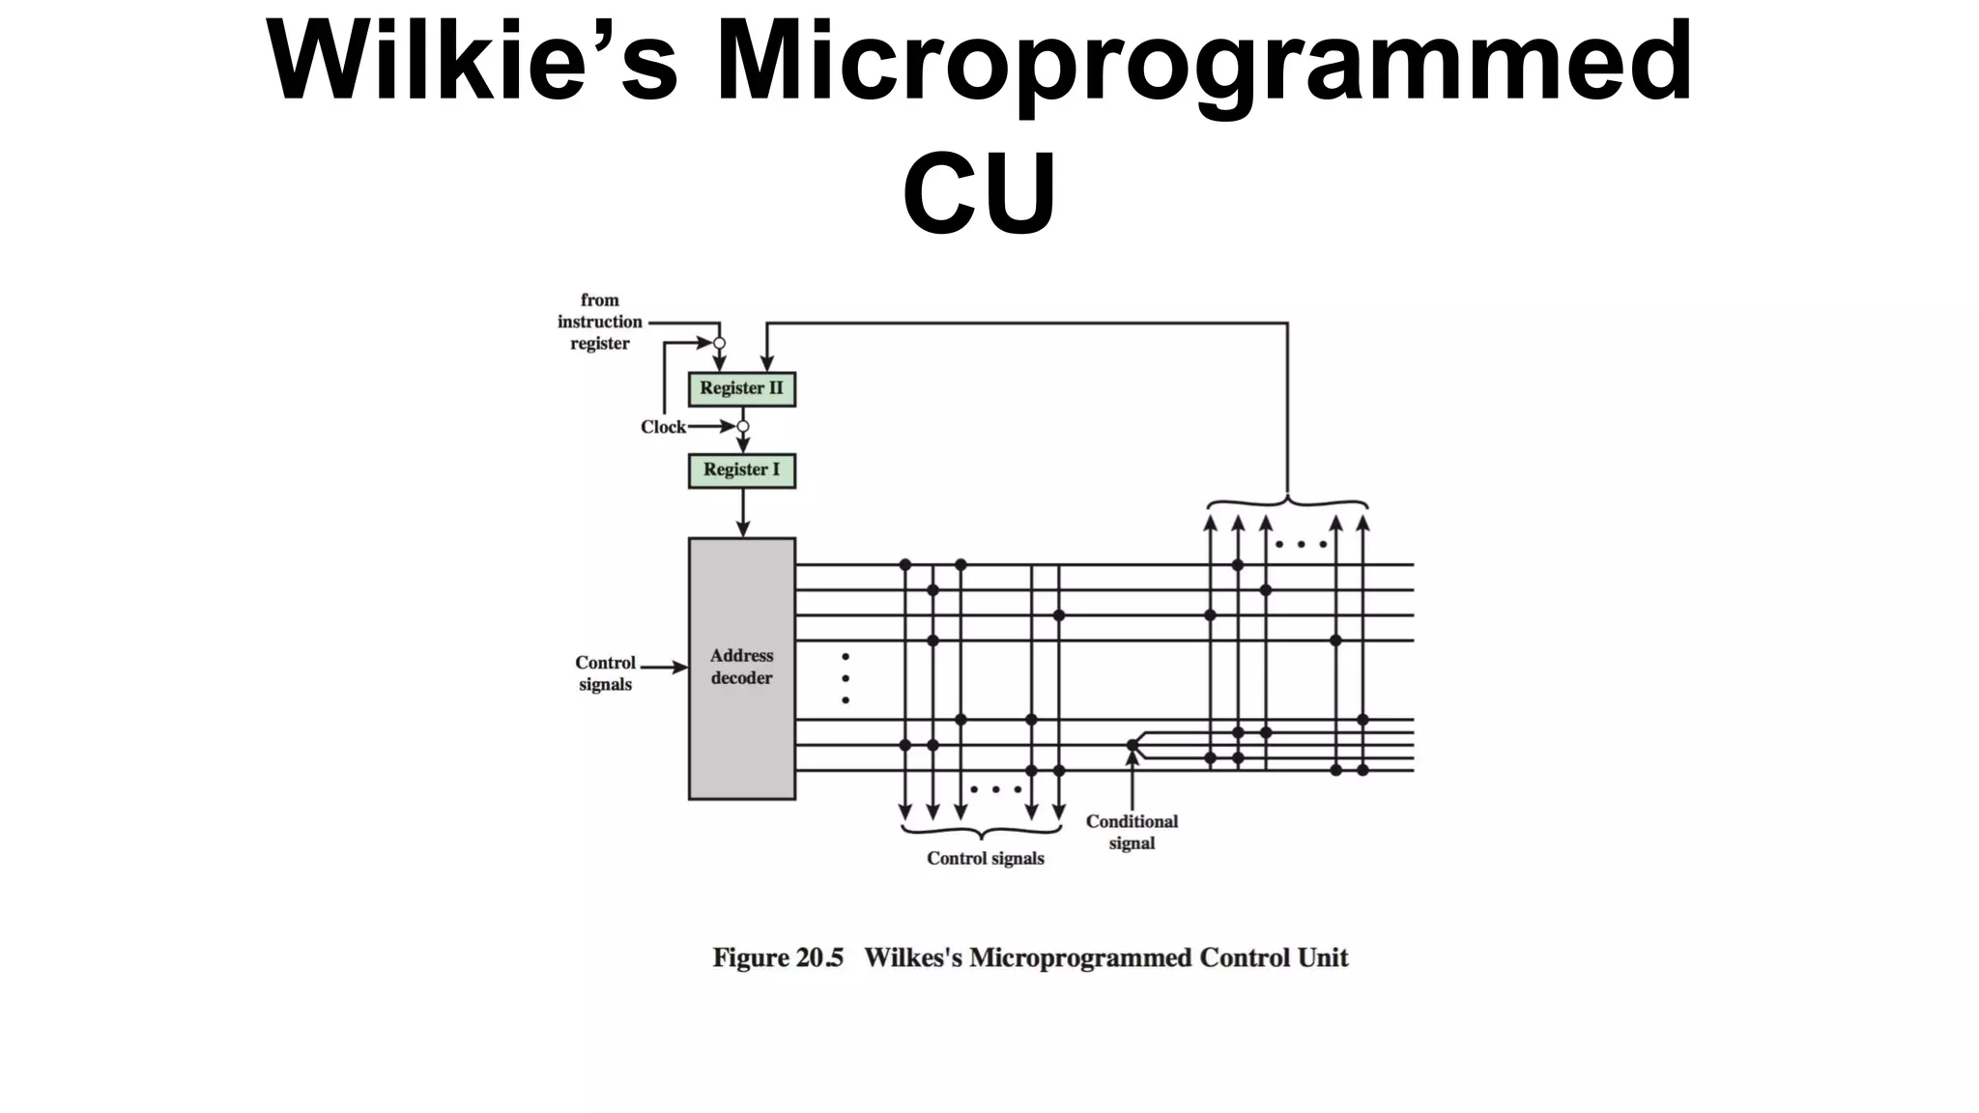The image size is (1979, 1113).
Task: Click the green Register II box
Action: tap(741, 388)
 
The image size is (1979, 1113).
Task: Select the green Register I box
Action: tap(741, 471)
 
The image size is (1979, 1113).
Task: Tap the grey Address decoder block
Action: tap(741, 668)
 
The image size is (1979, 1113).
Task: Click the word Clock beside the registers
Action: tap(663, 427)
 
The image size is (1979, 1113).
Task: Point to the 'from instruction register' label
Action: tap(600, 322)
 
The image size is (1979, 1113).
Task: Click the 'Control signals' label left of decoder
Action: tap(605, 673)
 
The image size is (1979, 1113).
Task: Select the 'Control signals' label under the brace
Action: tap(985, 858)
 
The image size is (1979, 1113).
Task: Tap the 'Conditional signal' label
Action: tap(1132, 832)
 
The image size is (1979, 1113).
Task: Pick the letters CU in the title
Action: tap(979, 192)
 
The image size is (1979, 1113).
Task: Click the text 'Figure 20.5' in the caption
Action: tap(778, 957)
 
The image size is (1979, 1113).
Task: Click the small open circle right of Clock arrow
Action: tap(742, 426)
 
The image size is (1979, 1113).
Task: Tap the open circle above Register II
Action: tap(719, 343)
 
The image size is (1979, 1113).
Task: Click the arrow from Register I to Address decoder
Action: tap(742, 513)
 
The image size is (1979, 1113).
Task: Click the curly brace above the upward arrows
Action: tap(1287, 503)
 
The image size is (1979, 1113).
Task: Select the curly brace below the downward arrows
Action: tap(982, 831)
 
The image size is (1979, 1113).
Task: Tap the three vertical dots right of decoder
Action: tap(846, 678)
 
